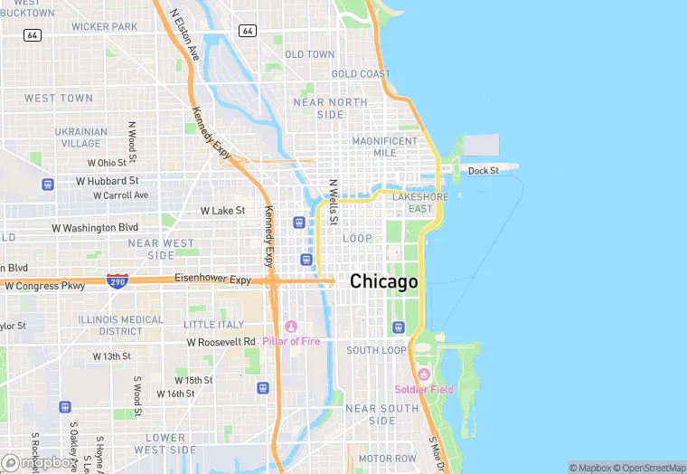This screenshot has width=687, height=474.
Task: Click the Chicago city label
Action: point(384,281)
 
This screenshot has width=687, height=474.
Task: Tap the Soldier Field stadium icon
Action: point(423,374)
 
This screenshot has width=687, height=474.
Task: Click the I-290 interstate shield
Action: point(117,280)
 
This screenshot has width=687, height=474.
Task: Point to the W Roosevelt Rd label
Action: point(221,342)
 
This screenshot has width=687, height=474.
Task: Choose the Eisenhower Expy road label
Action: point(212,280)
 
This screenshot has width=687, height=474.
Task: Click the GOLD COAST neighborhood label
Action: point(362,74)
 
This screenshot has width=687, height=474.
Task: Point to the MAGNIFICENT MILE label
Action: point(385,147)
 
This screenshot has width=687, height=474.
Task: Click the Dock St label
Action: point(483,170)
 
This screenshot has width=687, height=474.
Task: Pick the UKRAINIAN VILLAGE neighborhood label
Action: point(80,137)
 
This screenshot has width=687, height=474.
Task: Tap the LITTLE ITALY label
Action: point(213,325)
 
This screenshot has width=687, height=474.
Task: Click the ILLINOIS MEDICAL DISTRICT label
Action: point(122,325)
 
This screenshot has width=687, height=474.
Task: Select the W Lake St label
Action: point(222,211)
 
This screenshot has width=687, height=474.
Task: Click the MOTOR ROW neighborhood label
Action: point(387,459)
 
